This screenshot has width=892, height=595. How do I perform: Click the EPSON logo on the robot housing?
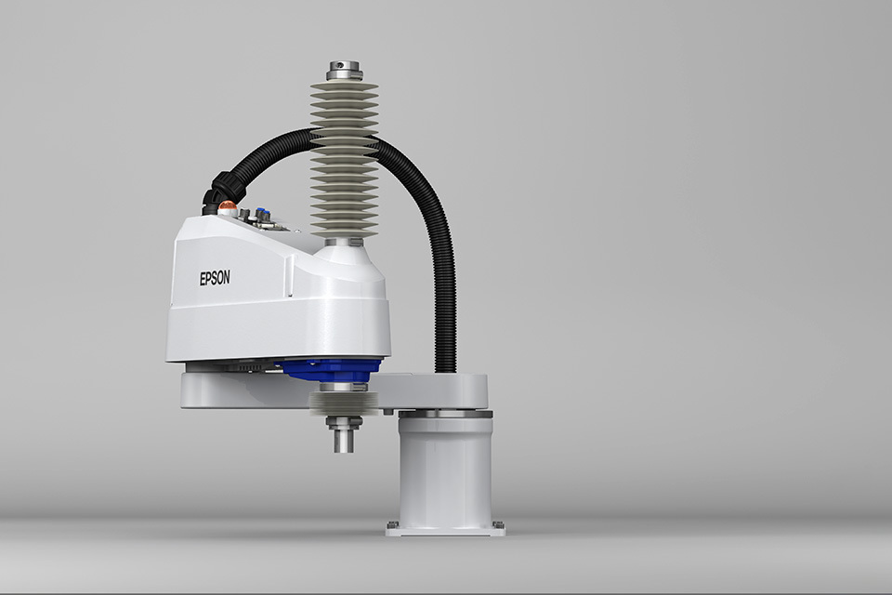click(215, 278)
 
